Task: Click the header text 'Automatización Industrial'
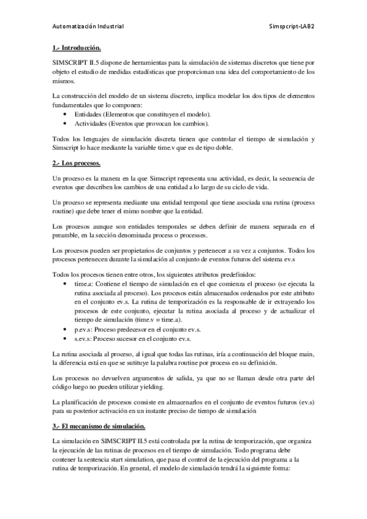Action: (88, 26)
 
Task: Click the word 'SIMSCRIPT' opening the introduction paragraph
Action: (73, 62)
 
